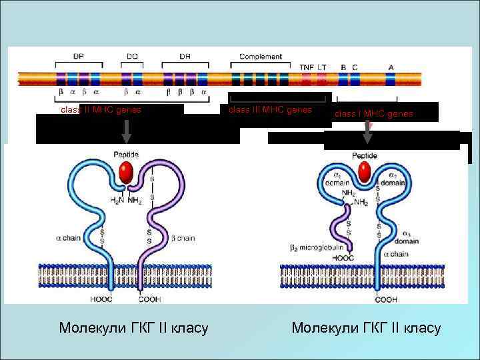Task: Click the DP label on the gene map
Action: pos(79,57)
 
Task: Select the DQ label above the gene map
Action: pos(133,57)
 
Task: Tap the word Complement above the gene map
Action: pos(260,57)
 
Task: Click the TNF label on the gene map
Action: pos(307,67)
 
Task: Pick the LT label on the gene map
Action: pos(322,67)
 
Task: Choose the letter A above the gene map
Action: pos(391,67)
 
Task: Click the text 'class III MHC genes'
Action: pos(270,109)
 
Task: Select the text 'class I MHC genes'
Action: pos(373,114)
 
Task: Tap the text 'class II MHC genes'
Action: pos(101,110)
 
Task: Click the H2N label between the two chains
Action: pos(117,201)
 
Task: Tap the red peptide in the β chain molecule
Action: pos(125,173)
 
